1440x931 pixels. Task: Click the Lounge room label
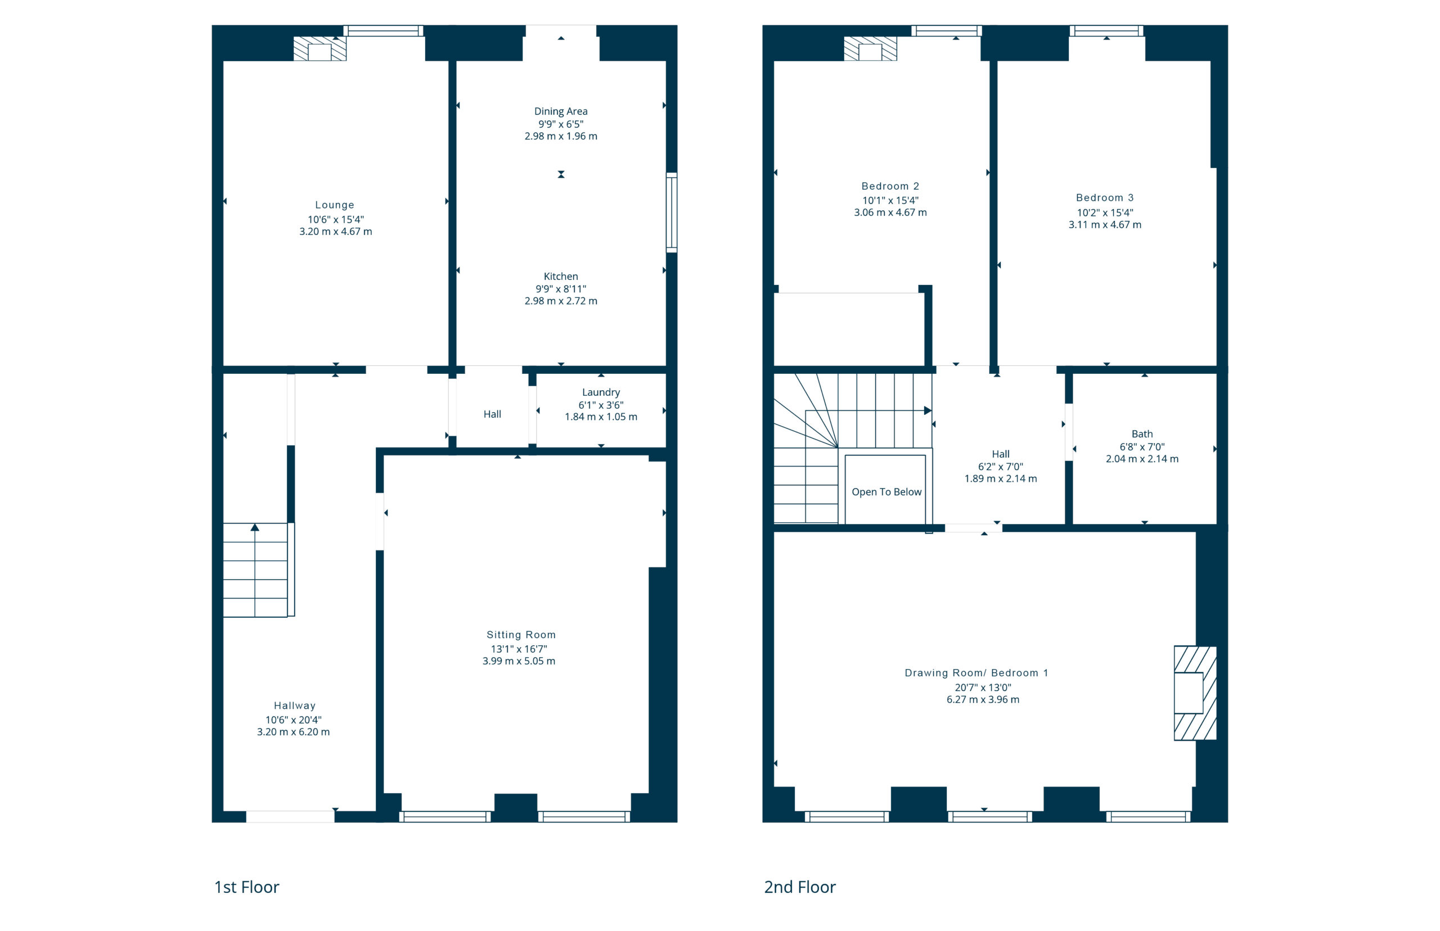click(x=335, y=205)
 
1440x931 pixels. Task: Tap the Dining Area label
click(x=561, y=111)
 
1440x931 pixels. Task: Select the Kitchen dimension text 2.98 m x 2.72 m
click(x=561, y=301)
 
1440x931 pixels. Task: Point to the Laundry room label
click(x=601, y=392)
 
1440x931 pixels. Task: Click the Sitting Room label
click(x=521, y=635)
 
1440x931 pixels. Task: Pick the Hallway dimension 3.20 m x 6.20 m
click(x=293, y=732)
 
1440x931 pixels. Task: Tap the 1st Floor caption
click(x=247, y=887)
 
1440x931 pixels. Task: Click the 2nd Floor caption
click(x=799, y=887)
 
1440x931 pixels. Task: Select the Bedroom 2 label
click(x=890, y=186)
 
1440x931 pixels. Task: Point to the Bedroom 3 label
click(x=1104, y=198)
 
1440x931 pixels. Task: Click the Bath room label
click(x=1142, y=434)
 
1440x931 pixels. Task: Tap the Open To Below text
click(x=886, y=492)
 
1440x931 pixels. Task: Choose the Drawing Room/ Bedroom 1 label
click(x=976, y=673)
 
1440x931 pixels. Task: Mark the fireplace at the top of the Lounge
click(x=319, y=49)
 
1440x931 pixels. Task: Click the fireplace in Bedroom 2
click(x=870, y=49)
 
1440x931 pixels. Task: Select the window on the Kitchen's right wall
click(x=671, y=212)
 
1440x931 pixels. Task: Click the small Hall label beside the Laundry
click(x=492, y=414)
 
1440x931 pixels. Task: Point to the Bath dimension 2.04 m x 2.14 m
click(x=1142, y=459)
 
